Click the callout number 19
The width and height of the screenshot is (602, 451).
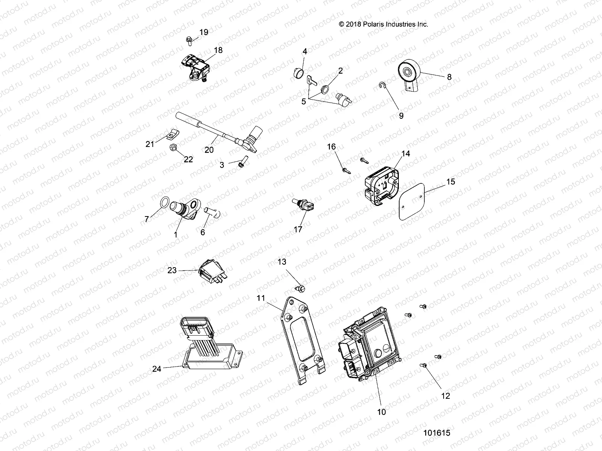coord(204,32)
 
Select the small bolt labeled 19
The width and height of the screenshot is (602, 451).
coord(188,39)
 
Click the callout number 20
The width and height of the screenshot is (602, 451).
coord(209,150)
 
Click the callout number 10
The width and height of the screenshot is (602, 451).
coord(381,412)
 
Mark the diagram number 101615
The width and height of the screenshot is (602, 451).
coord(436,433)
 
